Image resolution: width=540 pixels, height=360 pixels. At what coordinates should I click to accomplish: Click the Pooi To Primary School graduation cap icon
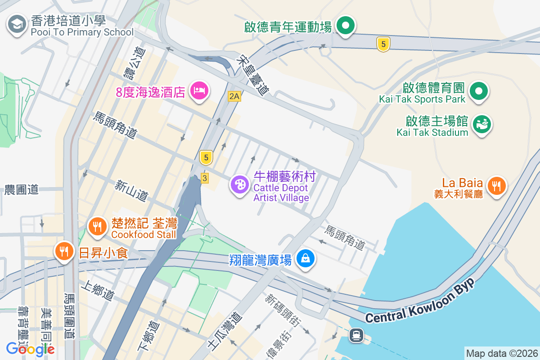17,25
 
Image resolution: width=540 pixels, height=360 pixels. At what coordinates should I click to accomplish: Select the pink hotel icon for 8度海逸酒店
198,91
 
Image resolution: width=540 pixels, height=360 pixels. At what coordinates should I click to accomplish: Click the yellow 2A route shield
234,96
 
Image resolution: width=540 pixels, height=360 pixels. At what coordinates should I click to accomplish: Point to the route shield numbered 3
205,179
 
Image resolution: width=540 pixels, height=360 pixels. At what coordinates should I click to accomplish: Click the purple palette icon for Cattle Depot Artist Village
240,184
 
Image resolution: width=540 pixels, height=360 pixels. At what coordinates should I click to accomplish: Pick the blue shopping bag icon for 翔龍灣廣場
306,258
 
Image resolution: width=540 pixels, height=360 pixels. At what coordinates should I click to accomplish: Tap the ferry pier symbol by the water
356,335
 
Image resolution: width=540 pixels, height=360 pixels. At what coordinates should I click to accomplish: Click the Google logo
30,349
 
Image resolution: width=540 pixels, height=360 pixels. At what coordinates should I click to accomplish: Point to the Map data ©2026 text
501,353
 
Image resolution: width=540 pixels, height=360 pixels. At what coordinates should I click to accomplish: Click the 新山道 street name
131,190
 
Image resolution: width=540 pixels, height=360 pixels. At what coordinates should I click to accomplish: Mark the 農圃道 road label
21,189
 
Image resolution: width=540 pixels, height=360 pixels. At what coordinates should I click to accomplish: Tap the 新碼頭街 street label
283,311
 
